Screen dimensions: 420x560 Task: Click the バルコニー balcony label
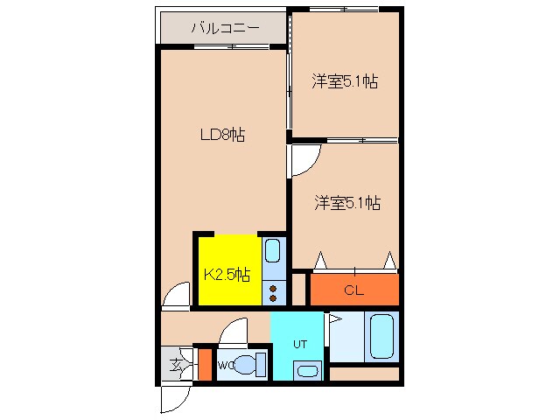click(224, 28)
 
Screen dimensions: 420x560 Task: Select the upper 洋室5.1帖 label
click(345, 82)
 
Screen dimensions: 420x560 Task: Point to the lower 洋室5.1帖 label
click(347, 203)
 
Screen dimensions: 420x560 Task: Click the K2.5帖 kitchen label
click(227, 274)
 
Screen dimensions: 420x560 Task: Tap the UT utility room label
click(297, 342)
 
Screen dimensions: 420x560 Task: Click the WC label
click(225, 364)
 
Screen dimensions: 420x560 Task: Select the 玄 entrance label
click(175, 365)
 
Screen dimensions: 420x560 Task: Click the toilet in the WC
click(249, 364)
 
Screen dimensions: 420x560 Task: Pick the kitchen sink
click(273, 252)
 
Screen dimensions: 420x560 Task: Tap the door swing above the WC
click(234, 332)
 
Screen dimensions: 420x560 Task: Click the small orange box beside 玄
click(205, 364)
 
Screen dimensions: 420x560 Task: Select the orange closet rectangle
click(354, 290)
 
